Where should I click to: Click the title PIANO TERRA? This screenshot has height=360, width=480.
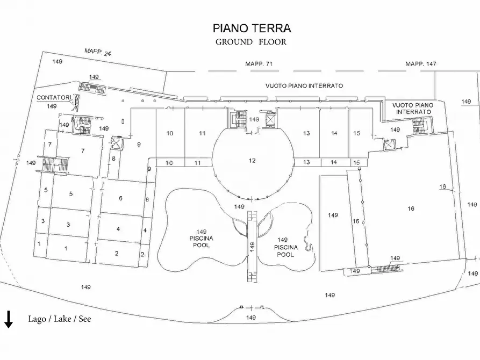pos(252,28)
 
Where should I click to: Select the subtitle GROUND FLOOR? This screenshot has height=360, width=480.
pos(251,42)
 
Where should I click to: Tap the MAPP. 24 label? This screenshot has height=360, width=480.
pos(97,53)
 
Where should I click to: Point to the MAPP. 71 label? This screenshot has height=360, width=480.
pos(259,64)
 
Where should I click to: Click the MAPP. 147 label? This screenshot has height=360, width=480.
pos(420,64)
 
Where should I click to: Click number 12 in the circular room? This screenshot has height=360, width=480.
pos(252,160)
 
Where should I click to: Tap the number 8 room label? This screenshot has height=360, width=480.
pos(113,158)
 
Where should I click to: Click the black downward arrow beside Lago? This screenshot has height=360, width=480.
pos(9,319)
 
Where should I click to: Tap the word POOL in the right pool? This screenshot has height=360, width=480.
pos(285,254)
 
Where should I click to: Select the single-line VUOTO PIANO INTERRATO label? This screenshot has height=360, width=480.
pos(304,85)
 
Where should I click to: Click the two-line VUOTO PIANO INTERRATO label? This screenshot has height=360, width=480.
pos(411,108)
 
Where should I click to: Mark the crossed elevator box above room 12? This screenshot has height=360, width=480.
pos(270,117)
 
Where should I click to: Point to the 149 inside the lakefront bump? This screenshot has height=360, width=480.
pos(250,318)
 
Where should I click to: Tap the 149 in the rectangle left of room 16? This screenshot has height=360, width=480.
pos(333,215)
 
